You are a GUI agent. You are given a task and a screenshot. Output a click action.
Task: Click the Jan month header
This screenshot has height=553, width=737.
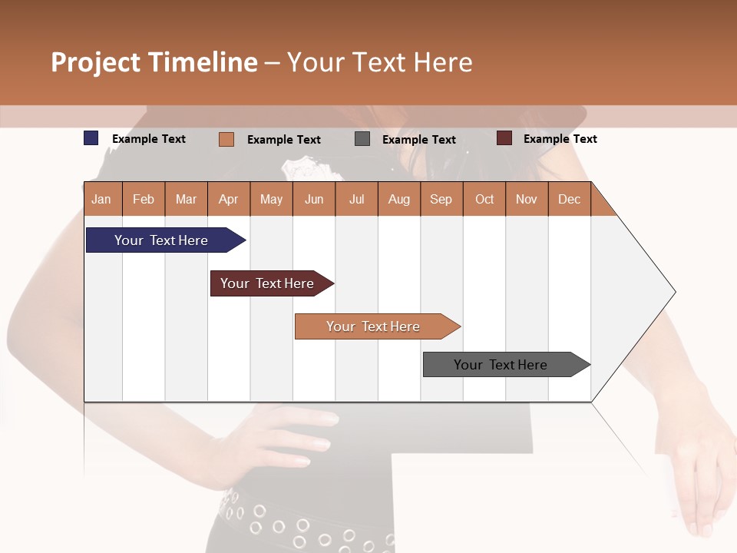click(x=102, y=199)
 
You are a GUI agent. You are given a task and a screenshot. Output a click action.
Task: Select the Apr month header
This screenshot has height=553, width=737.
click(x=229, y=199)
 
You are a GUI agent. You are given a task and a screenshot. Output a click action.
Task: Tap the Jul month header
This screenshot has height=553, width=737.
click(x=356, y=199)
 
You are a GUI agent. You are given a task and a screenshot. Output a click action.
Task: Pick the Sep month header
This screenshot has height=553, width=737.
click(x=441, y=199)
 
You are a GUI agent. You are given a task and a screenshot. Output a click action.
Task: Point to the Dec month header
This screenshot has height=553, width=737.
click(x=569, y=199)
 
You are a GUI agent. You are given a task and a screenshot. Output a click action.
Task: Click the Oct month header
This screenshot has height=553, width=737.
click(x=484, y=199)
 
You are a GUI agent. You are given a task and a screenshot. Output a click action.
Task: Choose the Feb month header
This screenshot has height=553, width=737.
click(x=144, y=199)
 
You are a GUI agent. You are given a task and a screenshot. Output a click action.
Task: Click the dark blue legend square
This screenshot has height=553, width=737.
click(x=91, y=138)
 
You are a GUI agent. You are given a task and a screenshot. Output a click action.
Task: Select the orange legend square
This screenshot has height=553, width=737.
click(x=226, y=139)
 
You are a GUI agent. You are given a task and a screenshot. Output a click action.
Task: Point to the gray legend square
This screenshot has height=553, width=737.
click(x=362, y=139)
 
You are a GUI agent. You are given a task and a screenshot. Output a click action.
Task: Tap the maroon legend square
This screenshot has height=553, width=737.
click(x=504, y=138)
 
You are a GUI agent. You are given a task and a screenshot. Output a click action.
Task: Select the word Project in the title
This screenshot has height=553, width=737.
click(x=95, y=62)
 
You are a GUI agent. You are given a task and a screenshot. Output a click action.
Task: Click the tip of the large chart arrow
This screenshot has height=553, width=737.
click(x=674, y=292)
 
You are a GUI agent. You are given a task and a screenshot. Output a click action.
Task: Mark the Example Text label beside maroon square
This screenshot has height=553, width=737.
click(x=560, y=138)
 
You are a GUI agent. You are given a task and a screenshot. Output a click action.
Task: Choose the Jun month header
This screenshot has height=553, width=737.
click(x=314, y=199)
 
